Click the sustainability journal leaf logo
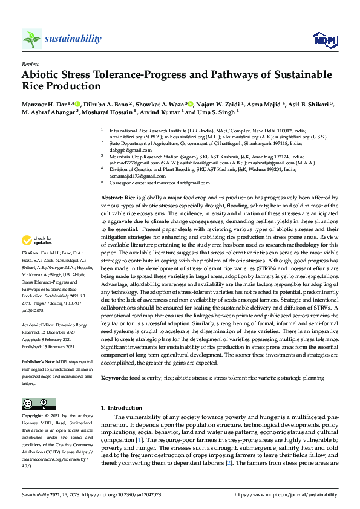(31, 39)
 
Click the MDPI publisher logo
(323, 40)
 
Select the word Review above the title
(30, 63)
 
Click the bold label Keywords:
(114, 378)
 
